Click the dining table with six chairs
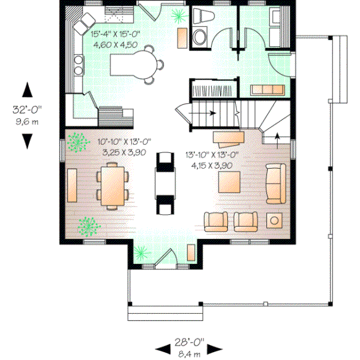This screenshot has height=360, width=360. [x=112, y=185]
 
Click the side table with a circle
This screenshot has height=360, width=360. [x=275, y=220]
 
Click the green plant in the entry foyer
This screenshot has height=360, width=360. [x=142, y=253]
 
